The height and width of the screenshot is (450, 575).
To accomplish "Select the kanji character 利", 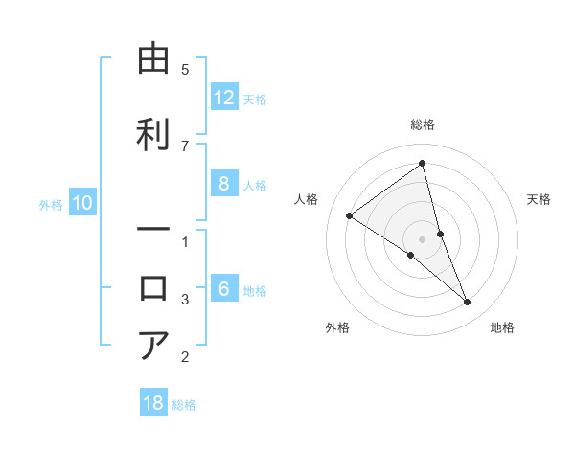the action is [x=153, y=132].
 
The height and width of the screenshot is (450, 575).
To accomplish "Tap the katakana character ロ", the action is [x=153, y=288].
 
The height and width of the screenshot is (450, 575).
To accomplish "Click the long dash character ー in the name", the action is [x=153, y=231].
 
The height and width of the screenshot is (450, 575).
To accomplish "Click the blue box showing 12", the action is [x=224, y=98].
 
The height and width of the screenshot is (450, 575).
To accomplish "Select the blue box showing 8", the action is [x=224, y=184].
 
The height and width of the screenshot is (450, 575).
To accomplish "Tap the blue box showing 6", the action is [x=224, y=289].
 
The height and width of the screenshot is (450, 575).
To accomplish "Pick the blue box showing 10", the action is [x=82, y=203].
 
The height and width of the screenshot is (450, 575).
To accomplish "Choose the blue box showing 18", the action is [x=153, y=403].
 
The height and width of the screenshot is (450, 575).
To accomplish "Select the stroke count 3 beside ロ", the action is [x=185, y=300].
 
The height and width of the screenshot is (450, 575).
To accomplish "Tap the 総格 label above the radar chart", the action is [x=423, y=124].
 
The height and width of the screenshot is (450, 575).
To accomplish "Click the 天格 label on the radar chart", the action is [x=539, y=199].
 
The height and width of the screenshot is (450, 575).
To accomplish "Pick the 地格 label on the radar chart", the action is [x=502, y=327].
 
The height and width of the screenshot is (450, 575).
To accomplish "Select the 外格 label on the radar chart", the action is [x=337, y=327].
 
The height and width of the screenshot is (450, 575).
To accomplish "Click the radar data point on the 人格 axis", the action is [x=350, y=215].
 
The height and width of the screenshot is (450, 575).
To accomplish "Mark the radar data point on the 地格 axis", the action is [x=468, y=303].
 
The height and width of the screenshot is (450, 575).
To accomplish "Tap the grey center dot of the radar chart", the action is [x=423, y=238].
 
